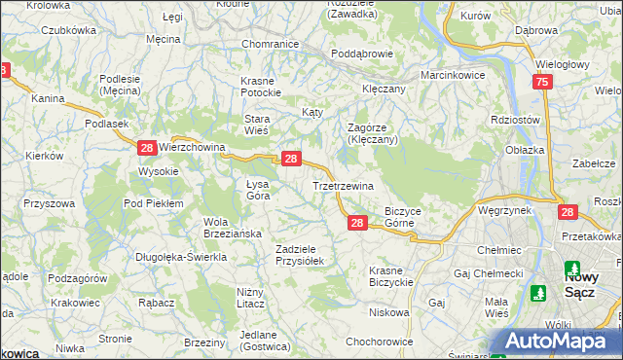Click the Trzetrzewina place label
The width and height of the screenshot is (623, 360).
(x=347, y=185)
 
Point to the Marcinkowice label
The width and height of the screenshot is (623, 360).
(x=453, y=75)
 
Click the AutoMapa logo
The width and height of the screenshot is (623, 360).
(x=553, y=341)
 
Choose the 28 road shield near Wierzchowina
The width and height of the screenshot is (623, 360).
(x=146, y=148)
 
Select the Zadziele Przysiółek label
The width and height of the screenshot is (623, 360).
(x=306, y=254)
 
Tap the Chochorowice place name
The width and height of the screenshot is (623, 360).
(x=380, y=342)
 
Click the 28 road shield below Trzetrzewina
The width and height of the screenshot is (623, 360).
(x=357, y=224)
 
